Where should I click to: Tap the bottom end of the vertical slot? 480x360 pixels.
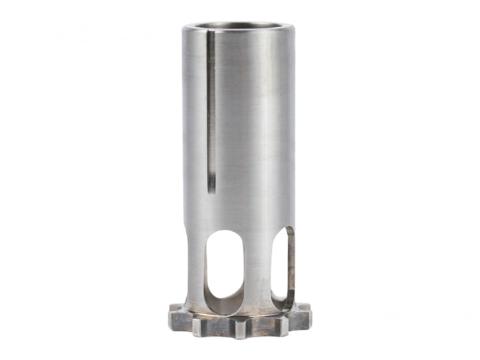pos(211,187)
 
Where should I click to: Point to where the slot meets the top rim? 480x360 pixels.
pos(209,31)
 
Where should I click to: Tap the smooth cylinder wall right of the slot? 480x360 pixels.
pos(253,120)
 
